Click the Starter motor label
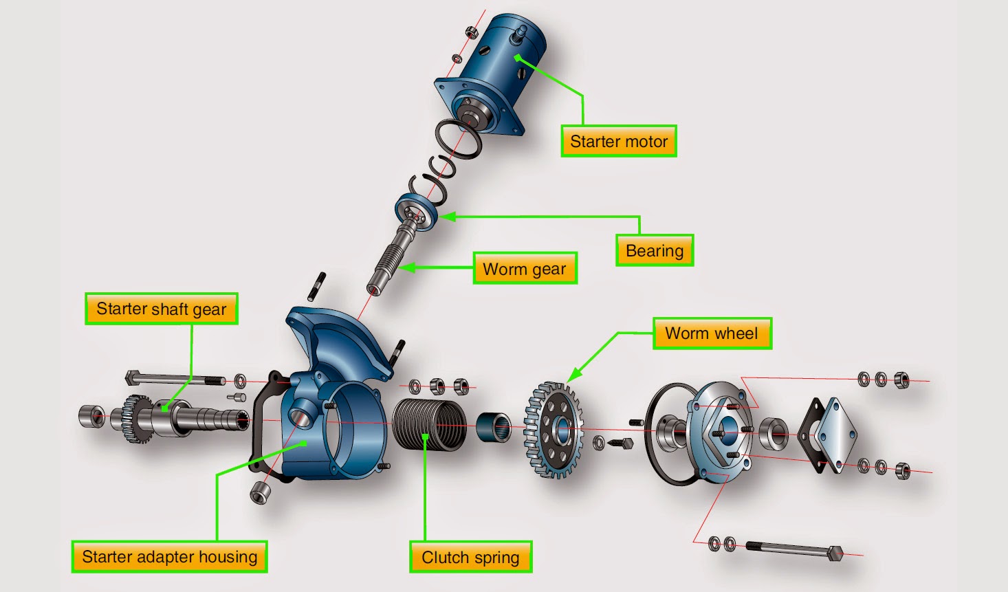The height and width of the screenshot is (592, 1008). tap(619, 142)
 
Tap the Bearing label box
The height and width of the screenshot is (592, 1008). tap(654, 251)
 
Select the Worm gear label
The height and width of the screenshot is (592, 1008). tap(525, 269)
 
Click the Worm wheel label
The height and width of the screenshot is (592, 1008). tap(712, 333)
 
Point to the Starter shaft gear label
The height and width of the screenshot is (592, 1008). tap(162, 309)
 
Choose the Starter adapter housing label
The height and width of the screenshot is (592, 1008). tap(169, 557)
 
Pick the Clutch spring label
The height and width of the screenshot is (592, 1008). tap(470, 557)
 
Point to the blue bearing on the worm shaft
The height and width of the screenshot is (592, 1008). tap(416, 209)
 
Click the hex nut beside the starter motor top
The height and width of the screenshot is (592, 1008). tap(472, 32)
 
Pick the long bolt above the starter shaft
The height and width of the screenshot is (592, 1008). tap(175, 379)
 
